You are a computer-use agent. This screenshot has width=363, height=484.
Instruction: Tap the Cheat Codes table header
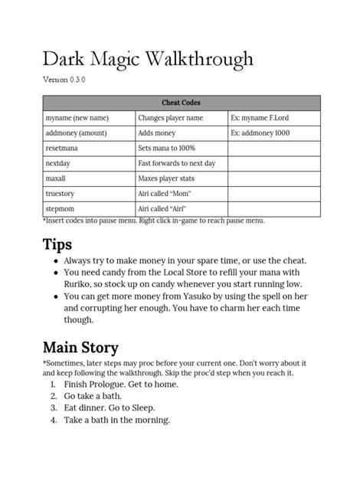tap(181, 103)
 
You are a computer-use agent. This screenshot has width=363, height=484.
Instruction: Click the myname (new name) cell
tap(77, 118)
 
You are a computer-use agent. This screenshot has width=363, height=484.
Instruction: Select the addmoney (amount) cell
tap(79, 133)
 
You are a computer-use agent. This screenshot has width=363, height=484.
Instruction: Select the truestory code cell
tap(60, 194)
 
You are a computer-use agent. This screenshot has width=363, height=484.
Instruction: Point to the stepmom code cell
tap(60, 208)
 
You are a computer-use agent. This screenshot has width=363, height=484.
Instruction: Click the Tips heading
tap(57, 245)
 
